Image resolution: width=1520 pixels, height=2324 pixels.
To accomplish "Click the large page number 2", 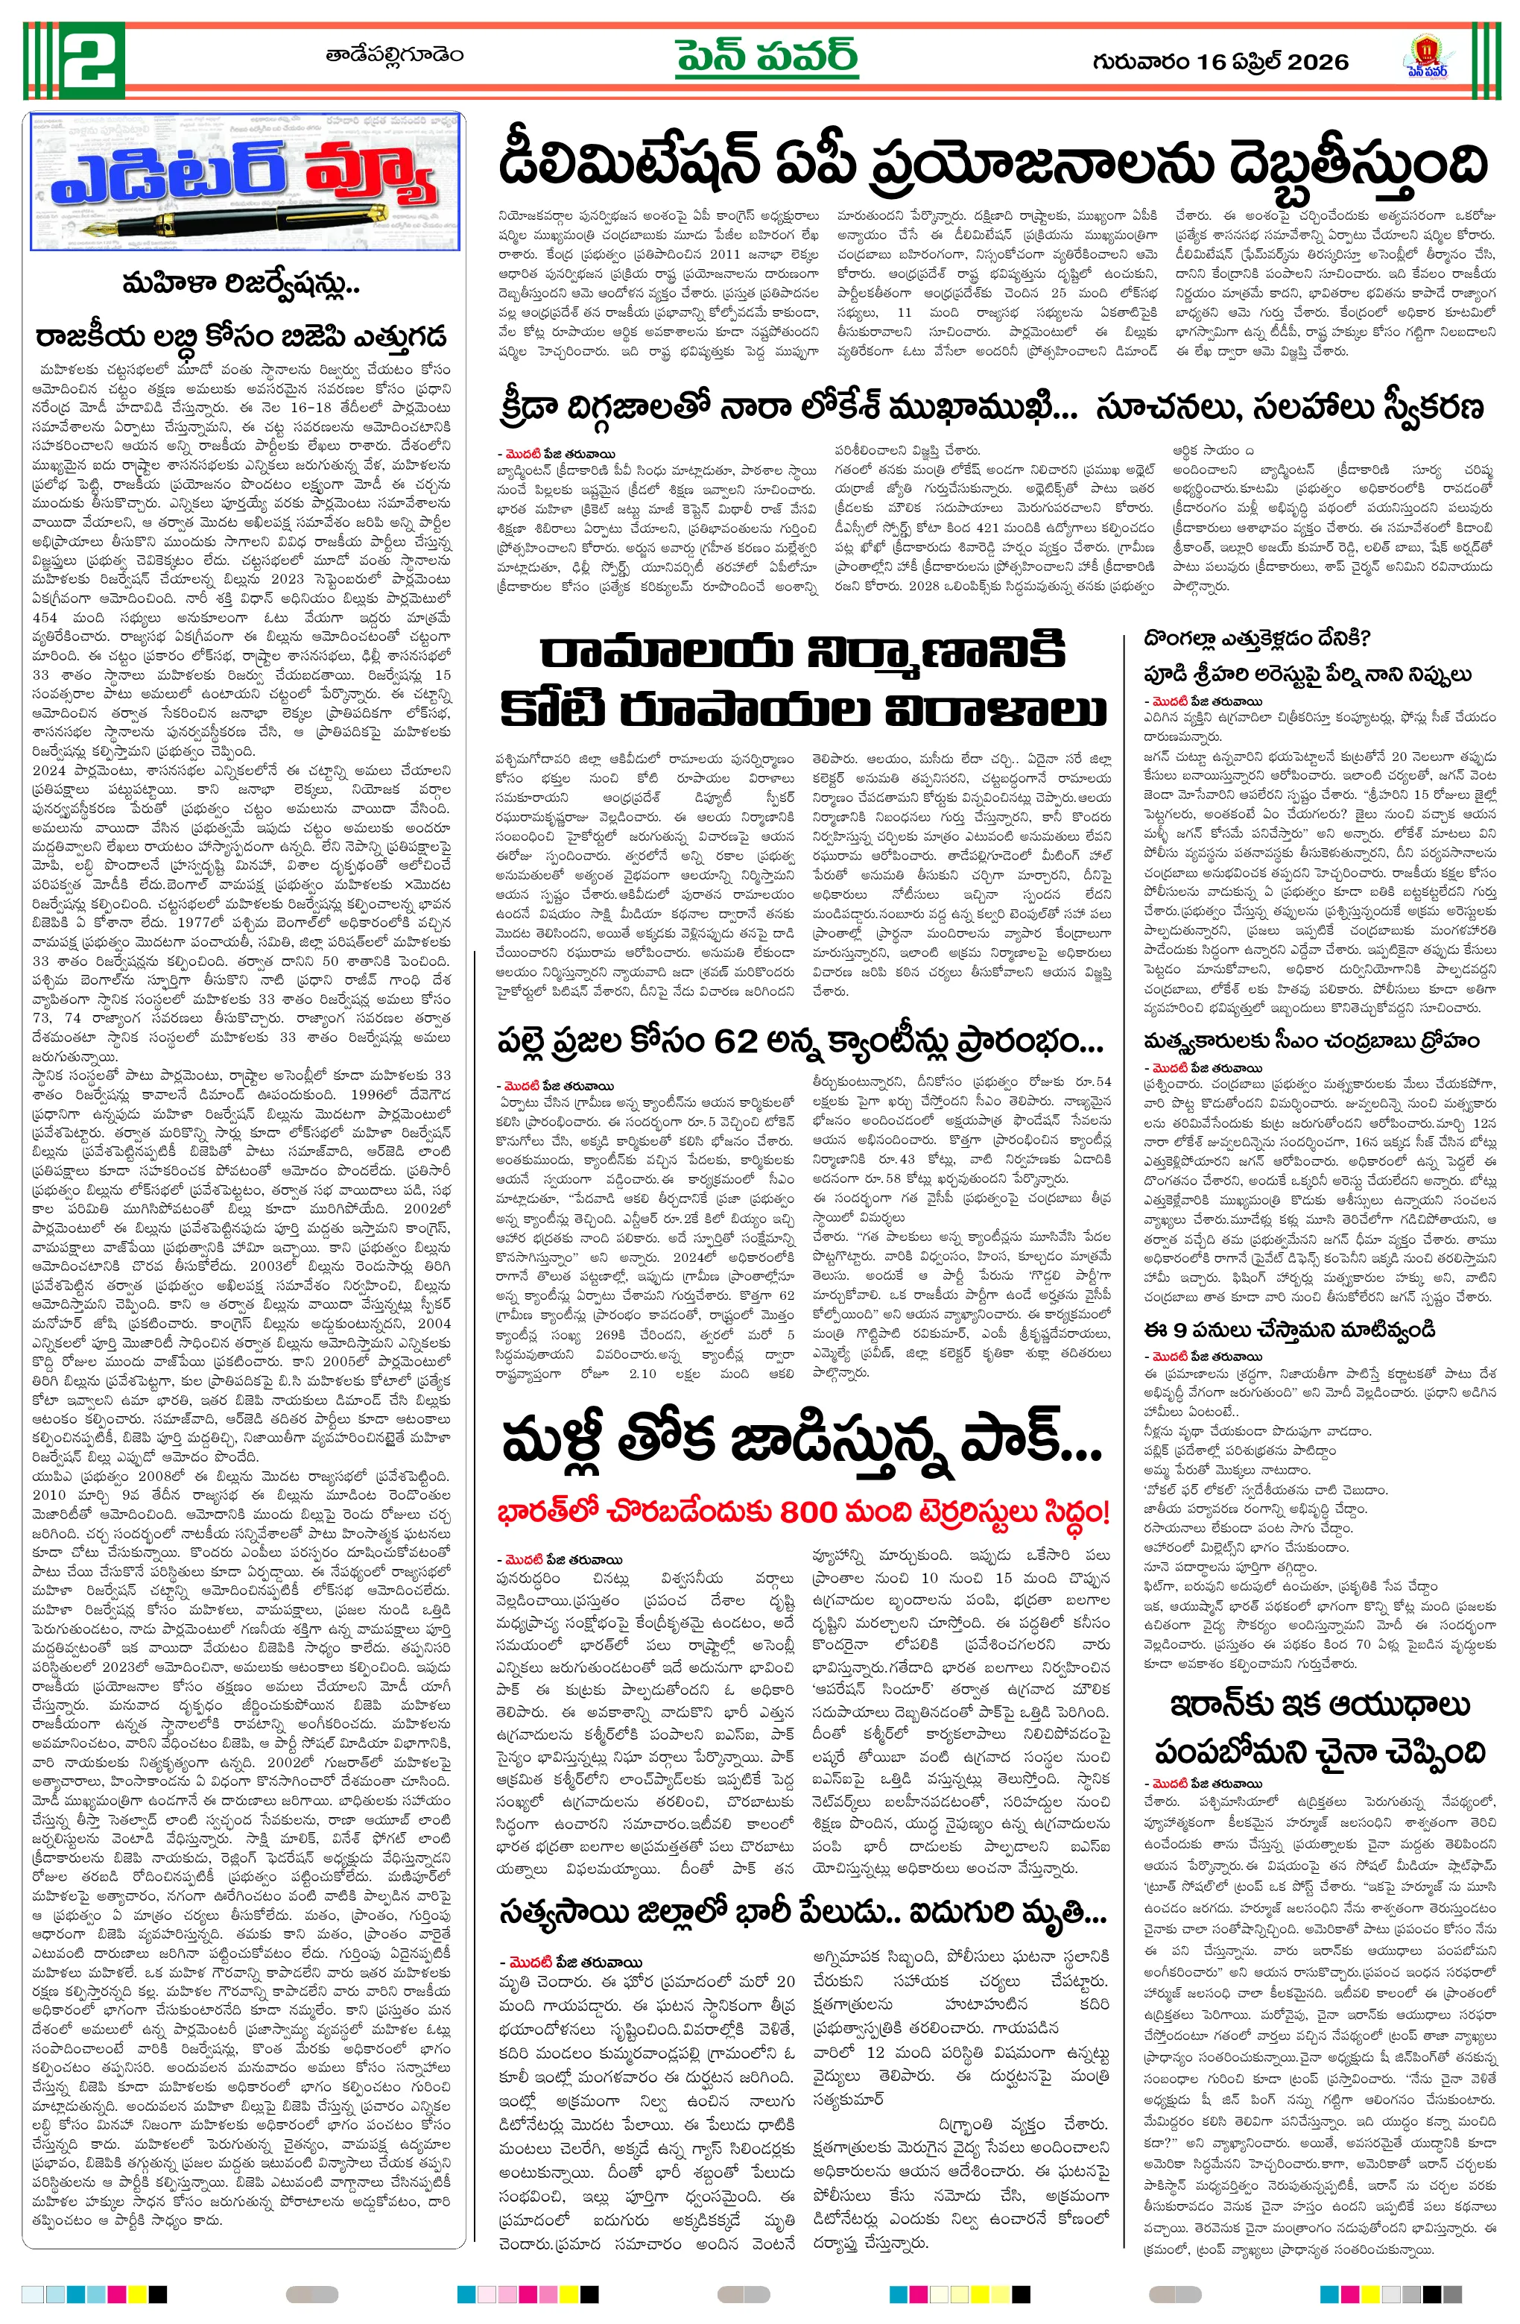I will pyautogui.click(x=90, y=60).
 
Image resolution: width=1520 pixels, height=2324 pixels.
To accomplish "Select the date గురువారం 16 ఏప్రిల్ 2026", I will pyautogui.click(x=1220, y=62).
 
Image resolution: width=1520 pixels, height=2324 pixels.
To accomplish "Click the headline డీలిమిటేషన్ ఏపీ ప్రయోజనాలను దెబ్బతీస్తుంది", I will pyautogui.click(x=992, y=163).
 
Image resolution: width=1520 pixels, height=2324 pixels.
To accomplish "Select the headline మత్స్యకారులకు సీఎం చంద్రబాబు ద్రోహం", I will pyautogui.click(x=1312, y=1041).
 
